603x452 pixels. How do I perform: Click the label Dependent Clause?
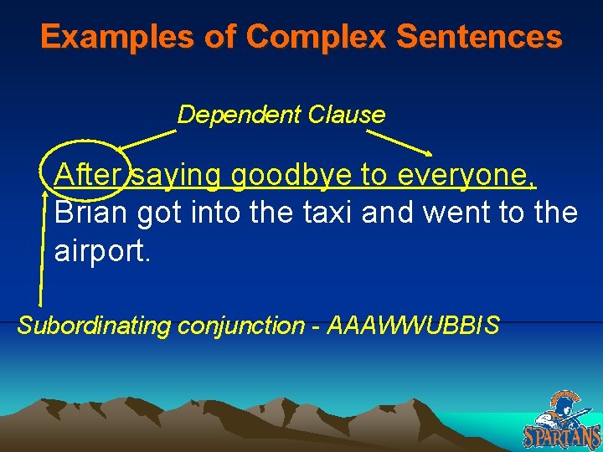(x=281, y=115)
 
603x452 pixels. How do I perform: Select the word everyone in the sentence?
(x=466, y=177)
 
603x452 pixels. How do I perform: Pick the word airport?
(x=102, y=250)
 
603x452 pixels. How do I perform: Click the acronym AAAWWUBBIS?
(x=414, y=325)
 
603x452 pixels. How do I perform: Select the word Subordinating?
(x=94, y=325)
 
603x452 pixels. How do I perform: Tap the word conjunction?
(x=240, y=325)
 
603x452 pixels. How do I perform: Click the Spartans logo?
(x=563, y=420)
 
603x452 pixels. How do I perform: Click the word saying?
(x=177, y=177)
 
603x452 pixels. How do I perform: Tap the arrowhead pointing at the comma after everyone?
(x=430, y=154)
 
